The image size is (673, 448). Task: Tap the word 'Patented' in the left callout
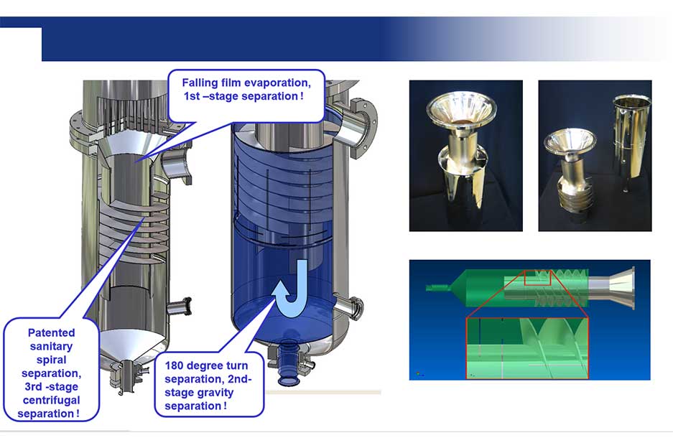pos(51,333)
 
